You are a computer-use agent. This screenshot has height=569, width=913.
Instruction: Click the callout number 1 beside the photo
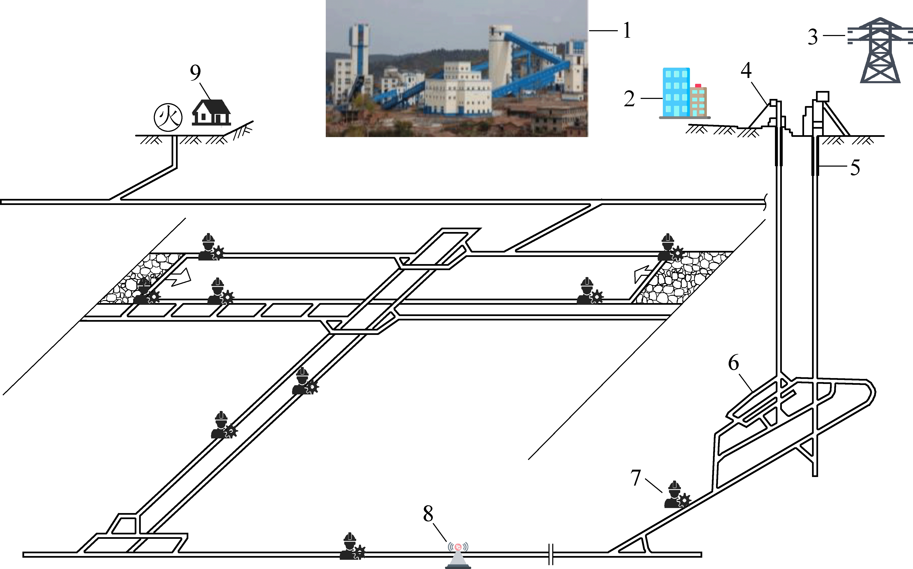(x=627, y=30)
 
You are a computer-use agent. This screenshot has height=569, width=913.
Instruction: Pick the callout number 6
(x=733, y=363)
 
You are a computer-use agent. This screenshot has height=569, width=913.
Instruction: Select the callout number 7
(x=636, y=478)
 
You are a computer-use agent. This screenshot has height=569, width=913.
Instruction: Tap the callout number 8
(x=428, y=514)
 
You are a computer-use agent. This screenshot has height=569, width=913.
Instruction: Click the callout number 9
(x=195, y=73)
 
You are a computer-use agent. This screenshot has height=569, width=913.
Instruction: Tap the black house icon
(x=211, y=112)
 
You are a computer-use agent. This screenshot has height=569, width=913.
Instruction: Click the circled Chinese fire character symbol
(x=168, y=117)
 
